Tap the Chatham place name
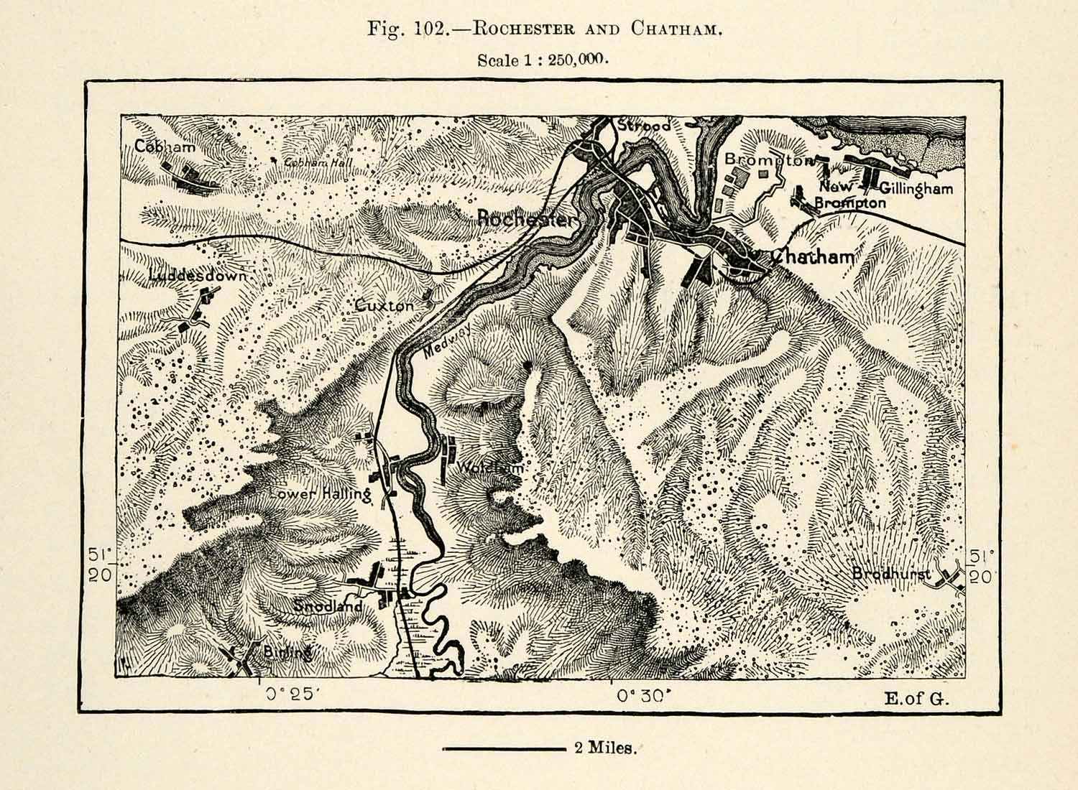pyautogui.click(x=813, y=256)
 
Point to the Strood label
pyautogui.click(x=643, y=126)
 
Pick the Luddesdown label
pyautogui.click(x=198, y=276)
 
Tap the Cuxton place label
pyautogui.click(x=385, y=305)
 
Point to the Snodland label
pyautogui.click(x=328, y=607)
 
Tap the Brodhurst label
pyautogui.click(x=891, y=574)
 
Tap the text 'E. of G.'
pyautogui.click(x=917, y=697)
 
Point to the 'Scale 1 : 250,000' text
pyautogui.click(x=543, y=60)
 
